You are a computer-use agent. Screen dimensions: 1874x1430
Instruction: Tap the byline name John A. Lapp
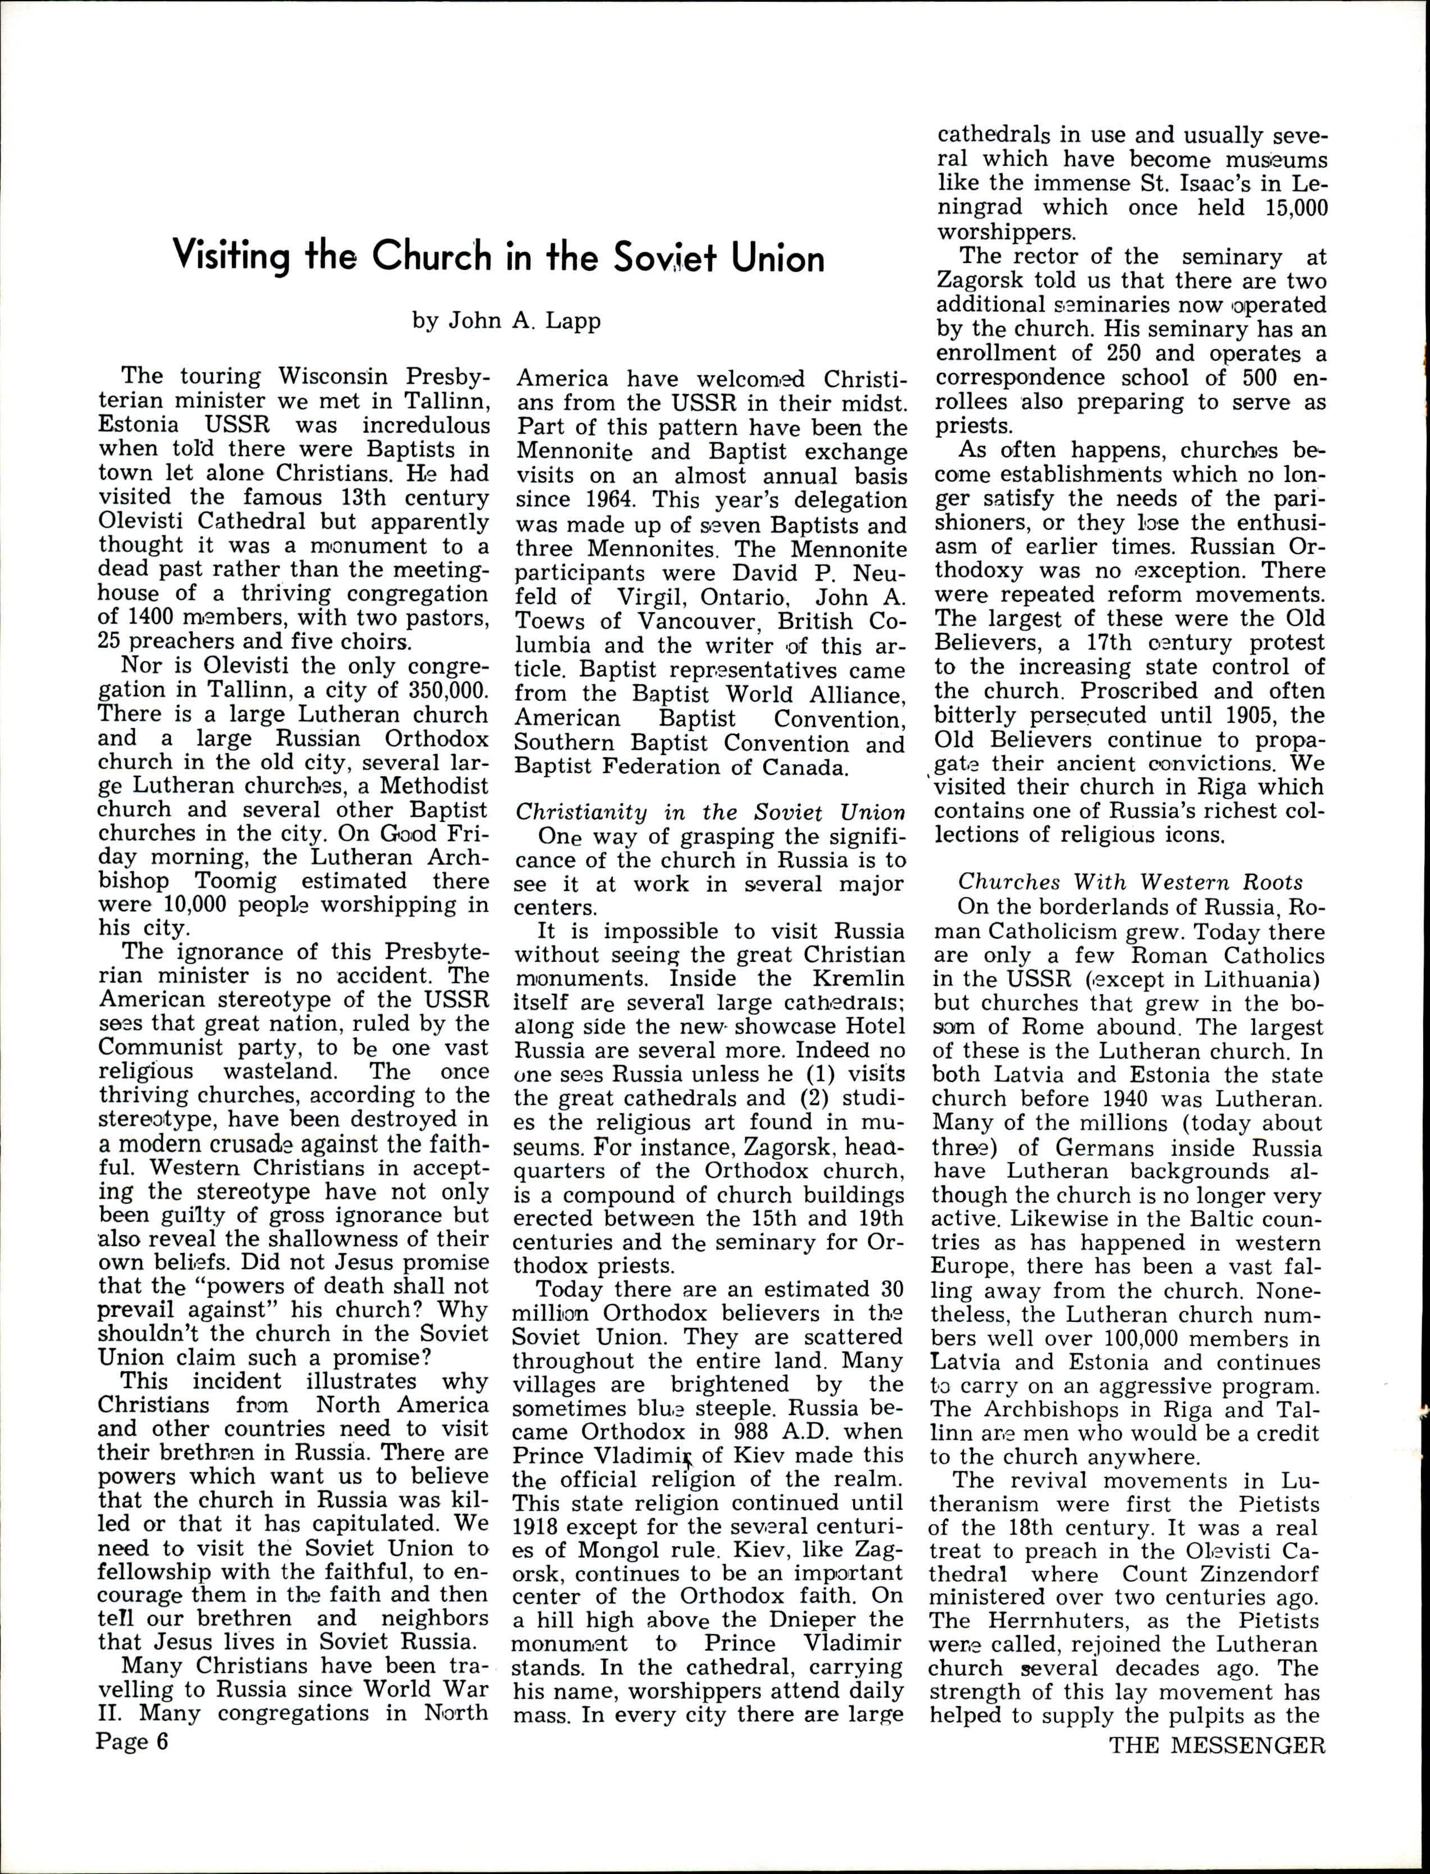507,321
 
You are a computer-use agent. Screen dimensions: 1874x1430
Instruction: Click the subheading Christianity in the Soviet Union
710,813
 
